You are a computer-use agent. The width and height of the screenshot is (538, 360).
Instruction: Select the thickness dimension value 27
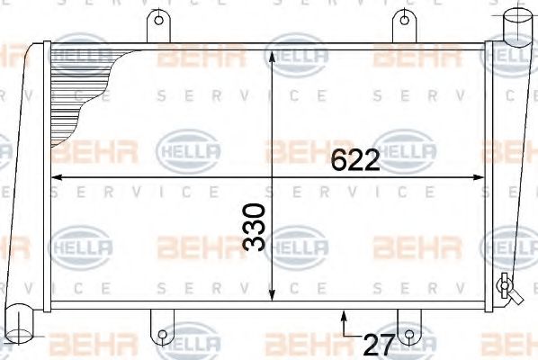click(377, 343)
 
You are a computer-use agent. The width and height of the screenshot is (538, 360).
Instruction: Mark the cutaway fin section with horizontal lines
click(85, 94)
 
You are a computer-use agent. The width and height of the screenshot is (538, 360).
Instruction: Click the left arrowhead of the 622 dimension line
click(57, 177)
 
